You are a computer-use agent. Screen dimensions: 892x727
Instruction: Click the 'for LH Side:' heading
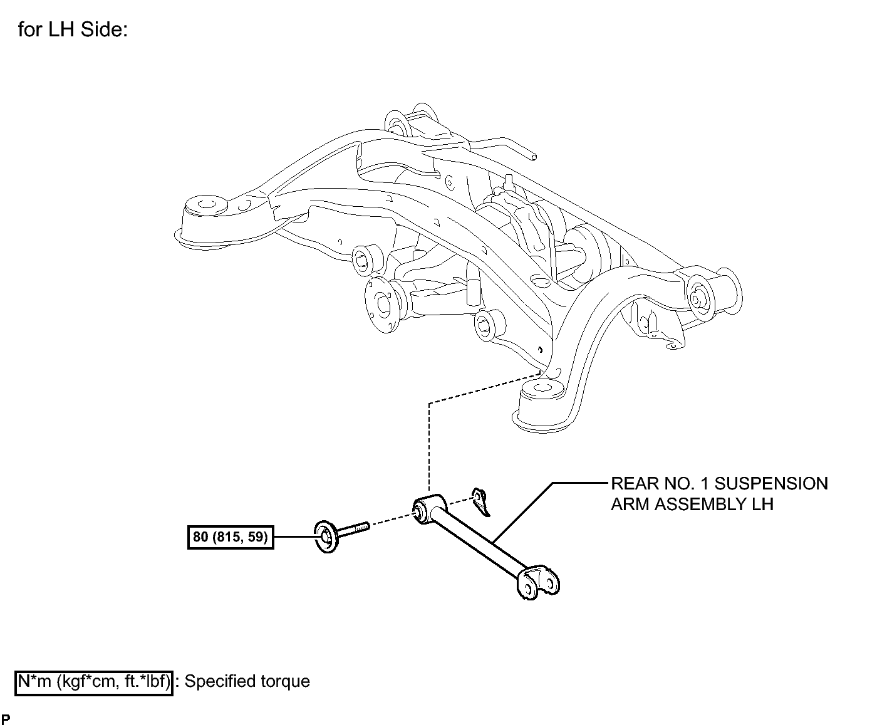[73, 29]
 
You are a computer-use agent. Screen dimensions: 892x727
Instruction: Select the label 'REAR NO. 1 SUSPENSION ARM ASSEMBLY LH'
[719, 494]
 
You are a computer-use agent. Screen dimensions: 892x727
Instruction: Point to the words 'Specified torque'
[247, 681]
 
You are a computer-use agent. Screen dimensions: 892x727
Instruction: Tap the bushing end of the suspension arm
[428, 509]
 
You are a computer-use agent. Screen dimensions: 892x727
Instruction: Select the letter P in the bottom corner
[6, 719]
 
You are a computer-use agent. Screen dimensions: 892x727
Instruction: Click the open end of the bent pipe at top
[533, 157]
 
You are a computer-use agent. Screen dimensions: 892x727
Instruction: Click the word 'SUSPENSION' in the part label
[771, 484]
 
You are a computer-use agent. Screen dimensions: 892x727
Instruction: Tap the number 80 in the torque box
[200, 536]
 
